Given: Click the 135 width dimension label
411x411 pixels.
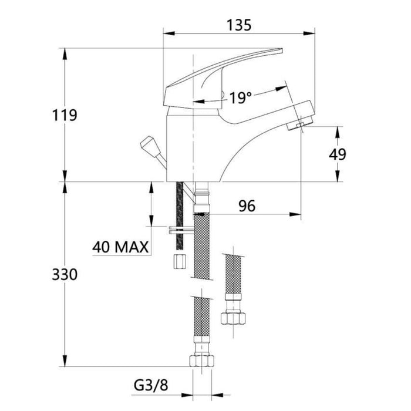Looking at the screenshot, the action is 239,25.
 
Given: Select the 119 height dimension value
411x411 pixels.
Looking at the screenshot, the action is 65,115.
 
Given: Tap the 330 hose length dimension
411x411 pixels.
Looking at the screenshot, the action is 65,274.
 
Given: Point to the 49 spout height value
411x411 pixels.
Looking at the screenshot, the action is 338,154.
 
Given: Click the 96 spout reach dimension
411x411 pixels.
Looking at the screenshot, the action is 247,206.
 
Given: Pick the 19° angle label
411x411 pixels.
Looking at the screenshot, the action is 240,98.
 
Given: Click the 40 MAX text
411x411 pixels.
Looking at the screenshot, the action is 120,247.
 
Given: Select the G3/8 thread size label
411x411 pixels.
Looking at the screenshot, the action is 151,385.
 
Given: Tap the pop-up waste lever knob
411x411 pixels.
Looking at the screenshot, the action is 147,144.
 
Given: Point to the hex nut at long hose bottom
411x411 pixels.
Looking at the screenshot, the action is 201,361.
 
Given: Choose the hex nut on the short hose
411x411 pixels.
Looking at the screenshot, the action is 233,318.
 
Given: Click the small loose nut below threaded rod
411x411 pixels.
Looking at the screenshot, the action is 180,261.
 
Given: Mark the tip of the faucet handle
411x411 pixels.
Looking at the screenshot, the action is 281,50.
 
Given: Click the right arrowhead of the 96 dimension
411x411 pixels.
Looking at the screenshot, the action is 295,214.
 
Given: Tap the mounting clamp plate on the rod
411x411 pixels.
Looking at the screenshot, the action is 181,230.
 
